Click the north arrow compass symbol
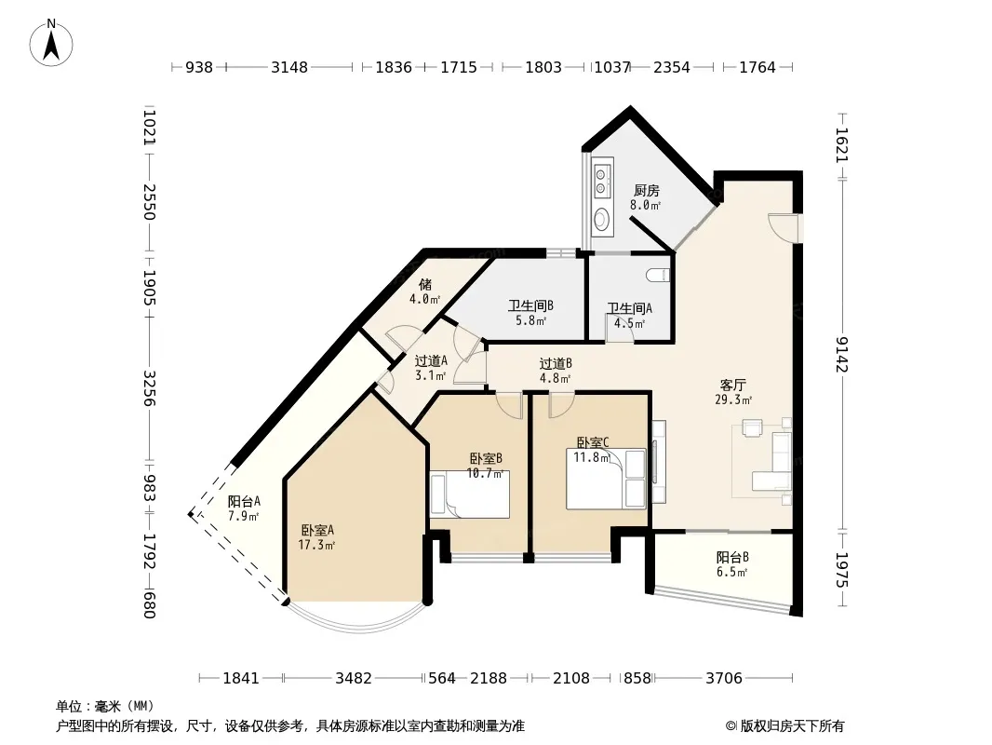(51, 43)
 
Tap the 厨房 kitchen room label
(647, 190)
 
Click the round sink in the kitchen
(602, 219)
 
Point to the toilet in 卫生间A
(659, 275)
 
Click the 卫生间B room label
(530, 306)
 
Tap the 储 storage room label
(425, 284)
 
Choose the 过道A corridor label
(431, 360)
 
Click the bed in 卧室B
(470, 494)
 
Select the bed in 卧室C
(606, 480)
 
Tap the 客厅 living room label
(733, 385)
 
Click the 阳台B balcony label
(732, 557)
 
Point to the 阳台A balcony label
(244, 501)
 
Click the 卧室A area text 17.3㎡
(316, 545)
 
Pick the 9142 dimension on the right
(842, 355)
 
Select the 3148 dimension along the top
(289, 67)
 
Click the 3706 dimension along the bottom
(724, 679)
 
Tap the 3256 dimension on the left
(149, 388)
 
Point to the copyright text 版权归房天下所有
(792, 726)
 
